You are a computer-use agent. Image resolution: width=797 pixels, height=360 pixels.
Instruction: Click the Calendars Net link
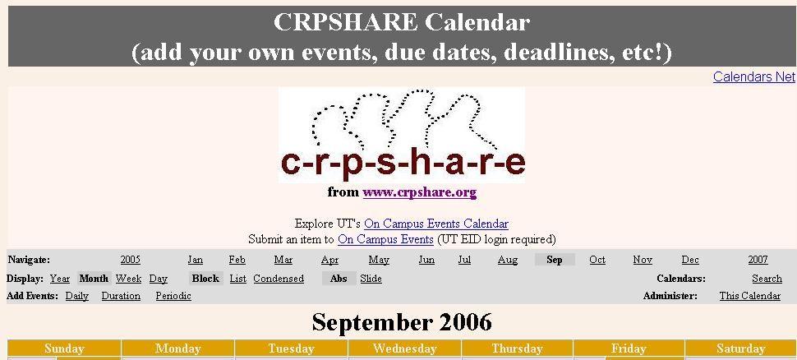point(753,77)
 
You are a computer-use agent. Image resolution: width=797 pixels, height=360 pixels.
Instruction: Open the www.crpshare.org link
point(419,192)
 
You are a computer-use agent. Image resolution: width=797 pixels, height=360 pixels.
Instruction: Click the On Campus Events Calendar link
point(436,224)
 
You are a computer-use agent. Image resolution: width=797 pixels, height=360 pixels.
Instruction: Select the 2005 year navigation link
point(130,260)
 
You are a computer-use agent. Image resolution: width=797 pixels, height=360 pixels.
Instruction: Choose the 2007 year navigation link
point(758,260)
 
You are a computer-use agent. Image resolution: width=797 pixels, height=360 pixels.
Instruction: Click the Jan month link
point(195,260)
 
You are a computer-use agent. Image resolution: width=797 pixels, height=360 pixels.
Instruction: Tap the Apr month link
point(329,260)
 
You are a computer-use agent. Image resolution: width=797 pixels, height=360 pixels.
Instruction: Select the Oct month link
point(597,260)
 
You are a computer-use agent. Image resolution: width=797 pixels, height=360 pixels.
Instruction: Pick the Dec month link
point(690,260)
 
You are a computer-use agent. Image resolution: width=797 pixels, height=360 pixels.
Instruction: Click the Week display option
point(128,279)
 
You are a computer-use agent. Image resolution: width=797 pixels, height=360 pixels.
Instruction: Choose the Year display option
point(60,279)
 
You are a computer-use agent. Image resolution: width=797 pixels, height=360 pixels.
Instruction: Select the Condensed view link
point(279,279)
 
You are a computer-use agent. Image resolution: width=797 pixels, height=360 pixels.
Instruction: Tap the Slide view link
point(371,279)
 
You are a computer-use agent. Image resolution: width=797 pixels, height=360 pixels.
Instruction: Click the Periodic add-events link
point(173,296)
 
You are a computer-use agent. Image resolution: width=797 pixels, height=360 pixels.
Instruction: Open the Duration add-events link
point(121,296)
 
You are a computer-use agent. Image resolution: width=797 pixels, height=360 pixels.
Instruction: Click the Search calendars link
point(767,279)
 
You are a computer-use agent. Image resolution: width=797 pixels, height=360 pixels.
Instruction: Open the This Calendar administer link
point(749,296)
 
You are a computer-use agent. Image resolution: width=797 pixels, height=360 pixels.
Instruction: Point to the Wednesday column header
point(404,348)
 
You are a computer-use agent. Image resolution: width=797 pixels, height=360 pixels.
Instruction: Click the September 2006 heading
point(402,321)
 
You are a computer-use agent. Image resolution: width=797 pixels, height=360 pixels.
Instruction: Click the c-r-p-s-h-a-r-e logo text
point(403,164)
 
